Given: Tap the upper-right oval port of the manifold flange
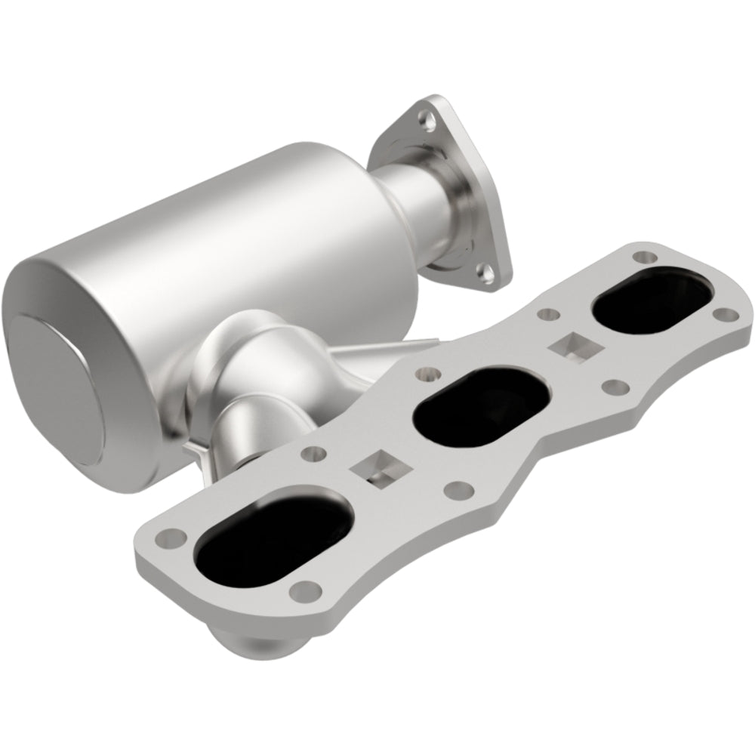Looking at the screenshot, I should coord(652,301).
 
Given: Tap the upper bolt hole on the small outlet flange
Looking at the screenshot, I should coord(431,117).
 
